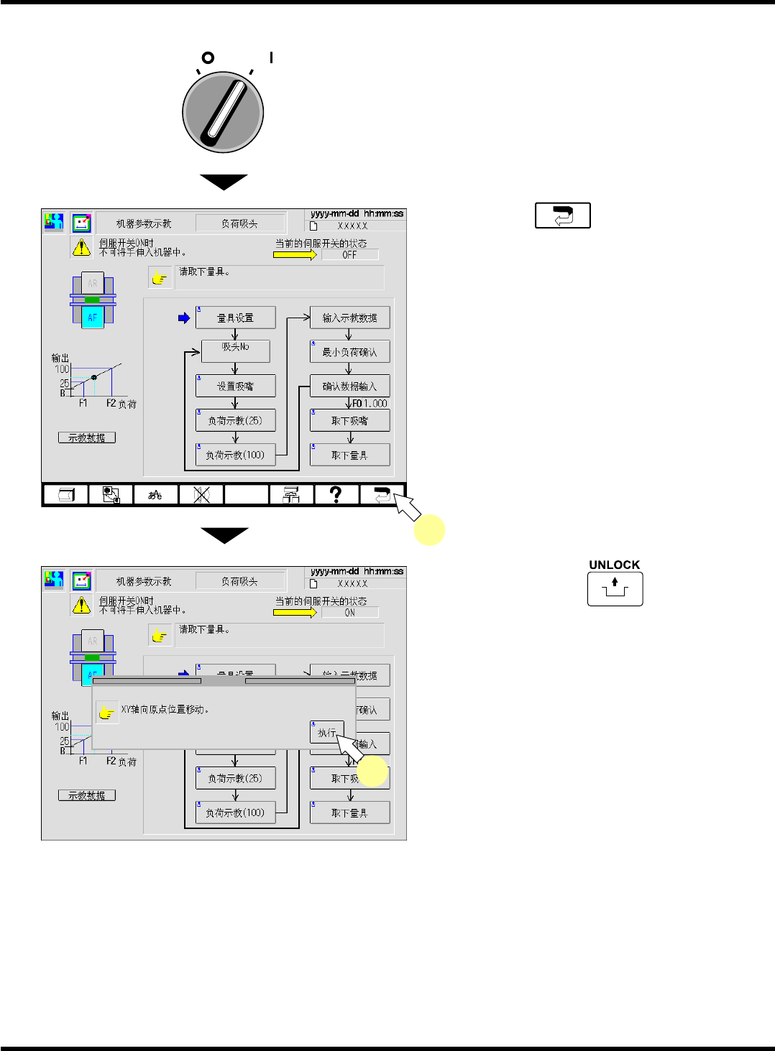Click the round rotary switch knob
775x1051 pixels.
pos(224,112)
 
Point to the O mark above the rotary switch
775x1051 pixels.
pos(208,57)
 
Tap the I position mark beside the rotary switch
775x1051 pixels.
pos(271,57)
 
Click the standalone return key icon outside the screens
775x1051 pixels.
pos(563,216)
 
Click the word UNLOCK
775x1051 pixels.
pos(614,565)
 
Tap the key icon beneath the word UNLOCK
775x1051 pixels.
pos(615,589)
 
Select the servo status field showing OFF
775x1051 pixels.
pos(349,255)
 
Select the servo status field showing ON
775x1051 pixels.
pos(349,613)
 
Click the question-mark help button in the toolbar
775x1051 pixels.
pos(336,494)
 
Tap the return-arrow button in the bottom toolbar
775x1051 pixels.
pos(381,494)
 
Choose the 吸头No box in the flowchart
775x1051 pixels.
pos(235,351)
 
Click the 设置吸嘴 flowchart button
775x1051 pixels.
pos(235,386)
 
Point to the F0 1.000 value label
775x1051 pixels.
pos(370,404)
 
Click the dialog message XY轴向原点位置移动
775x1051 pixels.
pos(165,710)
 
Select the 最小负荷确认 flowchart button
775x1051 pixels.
pos(349,352)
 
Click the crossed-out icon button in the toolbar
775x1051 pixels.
pos(201,494)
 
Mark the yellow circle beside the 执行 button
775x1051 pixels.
pos(373,772)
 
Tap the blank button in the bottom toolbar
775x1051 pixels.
pos(246,494)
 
